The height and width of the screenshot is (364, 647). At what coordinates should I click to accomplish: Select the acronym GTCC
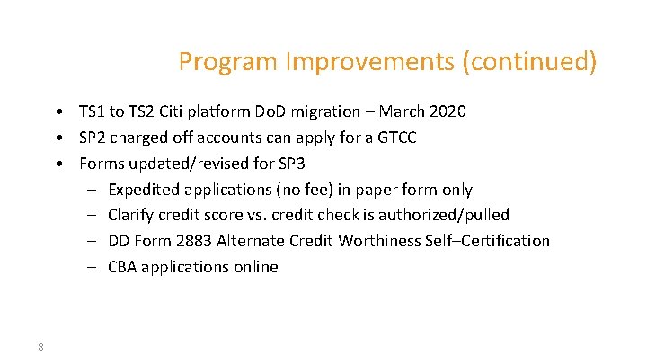coord(395,138)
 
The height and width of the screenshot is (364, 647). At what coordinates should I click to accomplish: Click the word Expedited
coord(144,190)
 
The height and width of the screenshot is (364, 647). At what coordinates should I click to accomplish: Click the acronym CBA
coord(123,267)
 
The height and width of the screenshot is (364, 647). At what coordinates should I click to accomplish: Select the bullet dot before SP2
coord(57,138)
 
